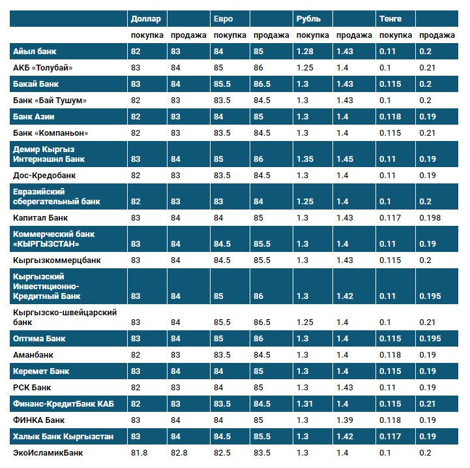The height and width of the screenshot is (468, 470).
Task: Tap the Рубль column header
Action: pos(308,19)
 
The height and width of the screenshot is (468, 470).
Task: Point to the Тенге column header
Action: pos(390,19)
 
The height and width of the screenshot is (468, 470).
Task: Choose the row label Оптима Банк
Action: pos(40,339)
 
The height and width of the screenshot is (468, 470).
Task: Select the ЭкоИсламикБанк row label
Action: pos(48,453)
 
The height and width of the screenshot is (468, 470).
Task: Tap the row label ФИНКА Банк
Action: pos(39,420)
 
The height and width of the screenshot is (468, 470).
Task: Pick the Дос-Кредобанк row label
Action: pos(44,176)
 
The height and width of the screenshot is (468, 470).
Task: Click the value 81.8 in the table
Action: pos(139,453)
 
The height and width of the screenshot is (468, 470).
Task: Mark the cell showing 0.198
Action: pos(430,217)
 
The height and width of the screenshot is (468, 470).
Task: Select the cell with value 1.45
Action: pos(345,159)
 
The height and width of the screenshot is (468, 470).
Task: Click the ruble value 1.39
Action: pos(345,420)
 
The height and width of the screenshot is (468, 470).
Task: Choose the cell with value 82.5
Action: pos(223,453)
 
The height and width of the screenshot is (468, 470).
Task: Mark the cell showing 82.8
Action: pos(179,453)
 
